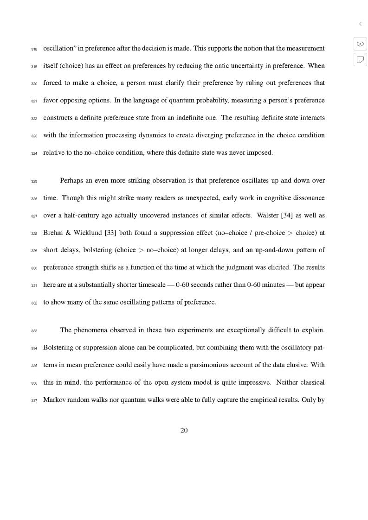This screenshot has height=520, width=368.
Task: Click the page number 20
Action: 184,431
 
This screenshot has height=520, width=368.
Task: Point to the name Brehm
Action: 53,233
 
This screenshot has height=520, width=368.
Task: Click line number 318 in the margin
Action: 34,49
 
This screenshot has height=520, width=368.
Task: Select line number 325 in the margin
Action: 34,181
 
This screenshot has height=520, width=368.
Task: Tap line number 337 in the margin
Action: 34,400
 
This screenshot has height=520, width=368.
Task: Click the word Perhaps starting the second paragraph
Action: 71,181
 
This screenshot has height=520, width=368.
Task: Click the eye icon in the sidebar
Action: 360,44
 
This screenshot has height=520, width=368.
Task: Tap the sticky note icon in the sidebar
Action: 360,60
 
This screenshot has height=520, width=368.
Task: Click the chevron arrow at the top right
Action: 360,24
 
